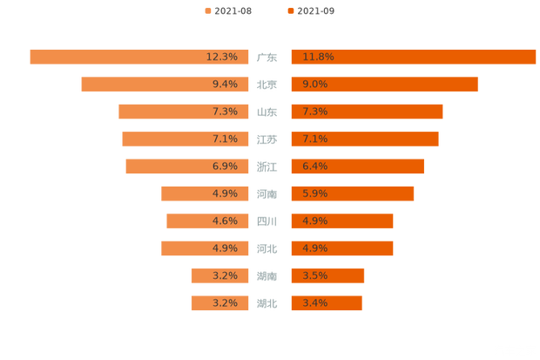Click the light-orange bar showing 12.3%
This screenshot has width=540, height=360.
point(139,57)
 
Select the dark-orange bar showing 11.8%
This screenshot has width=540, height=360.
point(413,57)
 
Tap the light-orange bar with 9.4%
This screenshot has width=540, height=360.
point(165,84)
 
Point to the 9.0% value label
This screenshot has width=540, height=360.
point(314,84)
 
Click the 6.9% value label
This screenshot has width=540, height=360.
point(225,166)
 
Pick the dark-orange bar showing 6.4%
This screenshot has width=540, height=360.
point(357,166)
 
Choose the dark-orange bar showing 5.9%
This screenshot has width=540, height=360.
point(352,194)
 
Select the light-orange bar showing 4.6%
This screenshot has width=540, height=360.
point(208,221)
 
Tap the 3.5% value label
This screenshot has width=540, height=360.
point(314,276)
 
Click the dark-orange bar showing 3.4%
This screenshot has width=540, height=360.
point(326,303)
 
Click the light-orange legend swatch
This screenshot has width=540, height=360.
point(206,10)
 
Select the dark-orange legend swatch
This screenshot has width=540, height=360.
point(289,10)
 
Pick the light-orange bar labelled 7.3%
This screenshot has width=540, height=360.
point(184,112)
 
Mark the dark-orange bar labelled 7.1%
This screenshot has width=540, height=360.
point(364,139)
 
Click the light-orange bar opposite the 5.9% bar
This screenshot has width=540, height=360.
point(206,194)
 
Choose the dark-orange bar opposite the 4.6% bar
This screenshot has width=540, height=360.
point(341,221)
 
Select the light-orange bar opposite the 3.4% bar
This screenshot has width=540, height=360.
point(220,303)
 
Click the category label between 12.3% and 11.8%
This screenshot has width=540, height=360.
point(267,58)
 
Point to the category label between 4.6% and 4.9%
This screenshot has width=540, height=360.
point(267,221)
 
